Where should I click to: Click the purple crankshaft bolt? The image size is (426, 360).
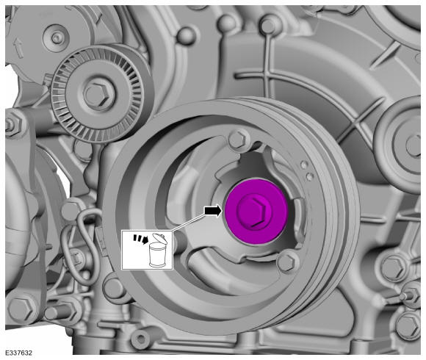(x=256, y=212)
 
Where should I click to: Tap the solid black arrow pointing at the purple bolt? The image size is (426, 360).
(x=213, y=211)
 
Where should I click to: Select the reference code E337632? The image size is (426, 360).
(x=19, y=353)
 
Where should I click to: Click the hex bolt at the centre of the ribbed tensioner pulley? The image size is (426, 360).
(x=97, y=94)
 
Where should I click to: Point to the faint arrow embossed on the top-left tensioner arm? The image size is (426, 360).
(x=18, y=48)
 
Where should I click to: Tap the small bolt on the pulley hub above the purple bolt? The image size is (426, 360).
(x=239, y=139)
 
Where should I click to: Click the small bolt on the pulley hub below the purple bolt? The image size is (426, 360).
(x=288, y=262)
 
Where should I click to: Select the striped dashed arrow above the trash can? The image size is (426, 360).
(x=140, y=238)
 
